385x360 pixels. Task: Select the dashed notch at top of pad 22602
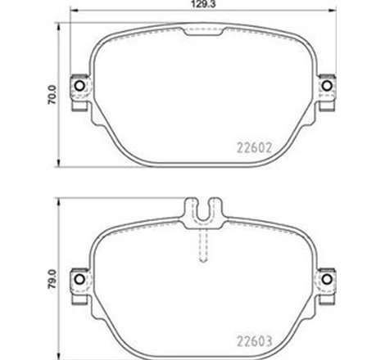[x=203, y=31]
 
